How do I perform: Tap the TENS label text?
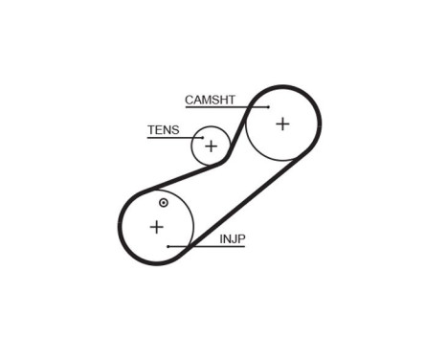162,130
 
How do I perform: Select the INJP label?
232,237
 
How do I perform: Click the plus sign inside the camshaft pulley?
282,123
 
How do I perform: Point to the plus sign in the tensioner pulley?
211,146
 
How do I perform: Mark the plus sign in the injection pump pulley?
157,227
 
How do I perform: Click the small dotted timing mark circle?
164,203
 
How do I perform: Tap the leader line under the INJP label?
206,246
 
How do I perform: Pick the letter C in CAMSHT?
189,99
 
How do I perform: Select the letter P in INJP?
240,237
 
